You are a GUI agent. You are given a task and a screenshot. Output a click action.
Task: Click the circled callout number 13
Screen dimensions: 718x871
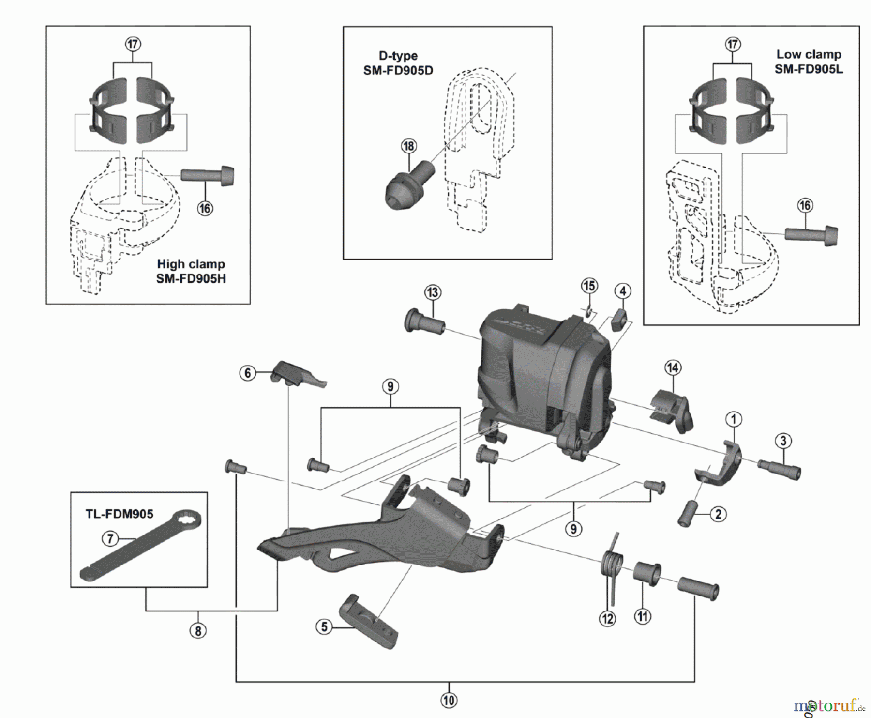[x=432, y=292]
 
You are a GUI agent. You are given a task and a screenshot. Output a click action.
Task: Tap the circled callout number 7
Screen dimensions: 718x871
[x=110, y=538]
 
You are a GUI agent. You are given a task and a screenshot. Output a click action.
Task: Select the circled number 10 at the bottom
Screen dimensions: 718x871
[x=449, y=700]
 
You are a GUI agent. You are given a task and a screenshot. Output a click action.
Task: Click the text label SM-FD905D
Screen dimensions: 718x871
[x=398, y=71]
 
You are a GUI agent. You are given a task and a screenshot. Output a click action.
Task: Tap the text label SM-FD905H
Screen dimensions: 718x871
[x=191, y=279]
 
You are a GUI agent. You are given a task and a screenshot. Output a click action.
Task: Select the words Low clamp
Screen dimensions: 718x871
[x=809, y=54]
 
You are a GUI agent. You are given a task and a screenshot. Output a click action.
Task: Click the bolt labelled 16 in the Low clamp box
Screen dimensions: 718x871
[x=811, y=235]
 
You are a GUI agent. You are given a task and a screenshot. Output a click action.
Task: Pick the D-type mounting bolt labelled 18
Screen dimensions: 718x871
[x=409, y=186]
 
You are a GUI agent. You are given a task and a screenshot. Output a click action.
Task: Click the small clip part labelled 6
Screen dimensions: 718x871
[x=298, y=375]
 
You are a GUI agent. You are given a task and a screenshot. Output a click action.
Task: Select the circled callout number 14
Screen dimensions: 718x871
[x=673, y=367]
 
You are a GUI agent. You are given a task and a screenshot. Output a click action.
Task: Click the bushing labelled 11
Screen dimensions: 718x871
[x=647, y=574]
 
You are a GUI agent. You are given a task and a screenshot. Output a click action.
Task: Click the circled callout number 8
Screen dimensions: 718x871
[x=197, y=631]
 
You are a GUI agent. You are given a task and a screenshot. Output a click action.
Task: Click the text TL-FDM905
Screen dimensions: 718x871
[x=120, y=514]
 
